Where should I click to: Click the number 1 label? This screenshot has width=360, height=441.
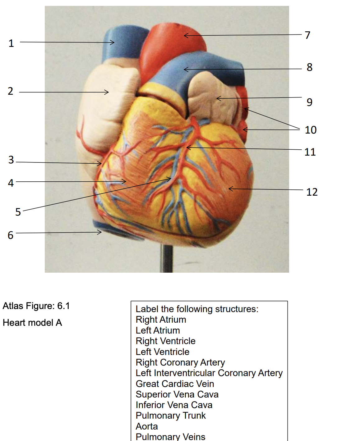point(11,43)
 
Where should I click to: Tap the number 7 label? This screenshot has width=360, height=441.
point(307,35)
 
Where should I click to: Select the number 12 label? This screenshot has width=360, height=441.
point(312,192)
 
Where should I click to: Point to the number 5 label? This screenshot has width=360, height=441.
point(18,212)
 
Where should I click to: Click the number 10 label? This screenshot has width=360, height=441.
point(311,130)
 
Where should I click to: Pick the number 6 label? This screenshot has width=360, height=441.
point(11,235)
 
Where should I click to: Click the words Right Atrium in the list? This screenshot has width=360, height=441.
point(161,320)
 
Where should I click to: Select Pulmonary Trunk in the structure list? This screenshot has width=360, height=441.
point(171,416)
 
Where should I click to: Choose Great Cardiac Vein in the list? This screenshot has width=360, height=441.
point(175,384)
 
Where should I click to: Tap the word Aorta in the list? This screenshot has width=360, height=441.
point(147,426)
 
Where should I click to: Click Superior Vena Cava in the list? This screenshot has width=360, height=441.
point(177,394)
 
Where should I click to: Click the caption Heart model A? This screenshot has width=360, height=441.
point(32,323)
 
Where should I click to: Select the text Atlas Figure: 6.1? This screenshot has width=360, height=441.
point(36,306)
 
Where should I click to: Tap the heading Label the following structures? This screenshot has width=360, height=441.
point(197,309)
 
